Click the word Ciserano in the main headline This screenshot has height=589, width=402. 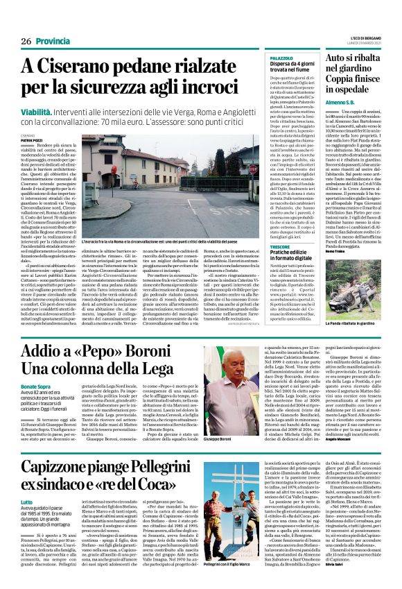point(82,67)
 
